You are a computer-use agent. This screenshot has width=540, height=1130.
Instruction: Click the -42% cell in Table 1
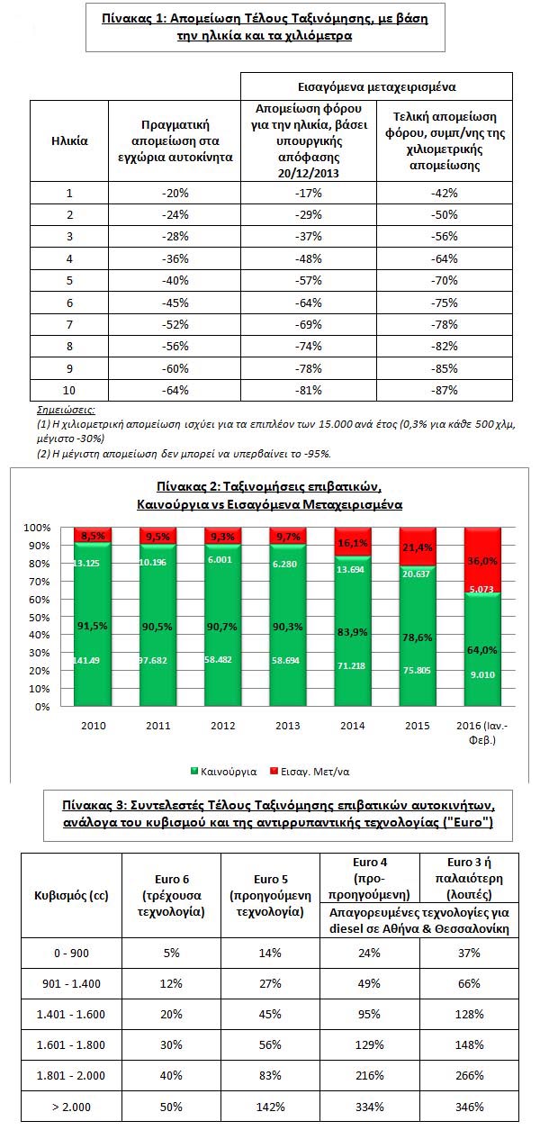pos(445,193)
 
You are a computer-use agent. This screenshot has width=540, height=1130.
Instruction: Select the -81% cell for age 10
pos(308,390)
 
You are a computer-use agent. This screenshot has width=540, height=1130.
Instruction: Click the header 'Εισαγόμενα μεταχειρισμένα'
pos(376,87)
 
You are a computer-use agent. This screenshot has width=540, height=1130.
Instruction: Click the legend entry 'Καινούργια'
pos(225,772)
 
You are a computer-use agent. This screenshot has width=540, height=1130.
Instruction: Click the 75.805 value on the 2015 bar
pos(417,694)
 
